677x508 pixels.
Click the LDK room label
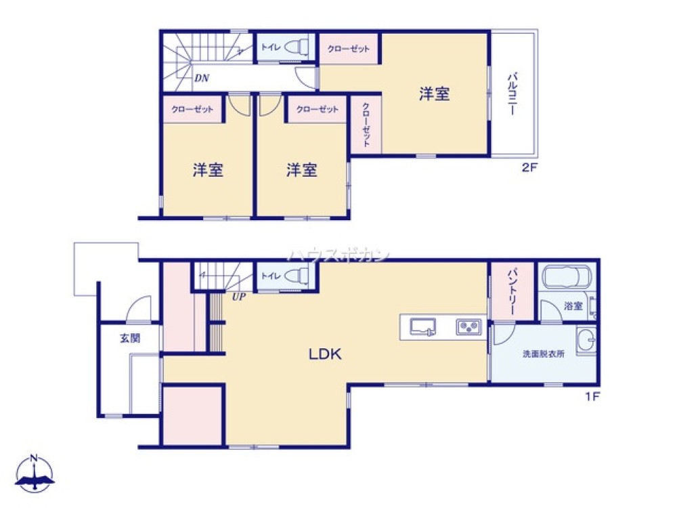coord(326,354)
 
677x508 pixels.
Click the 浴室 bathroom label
coord(573,306)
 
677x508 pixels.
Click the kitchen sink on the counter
coord(423,327)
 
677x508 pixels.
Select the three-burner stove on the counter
coord(467,327)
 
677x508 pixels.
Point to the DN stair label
coord(201,78)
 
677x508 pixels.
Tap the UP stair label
coord(239,296)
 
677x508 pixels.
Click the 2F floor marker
coord(529,168)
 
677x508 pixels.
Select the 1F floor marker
coord(592,397)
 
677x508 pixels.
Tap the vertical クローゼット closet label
coord(366,125)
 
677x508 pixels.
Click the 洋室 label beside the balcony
coord(434,94)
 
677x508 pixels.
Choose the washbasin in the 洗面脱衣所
coord(586,338)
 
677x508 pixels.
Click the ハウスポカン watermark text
coord(340,255)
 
